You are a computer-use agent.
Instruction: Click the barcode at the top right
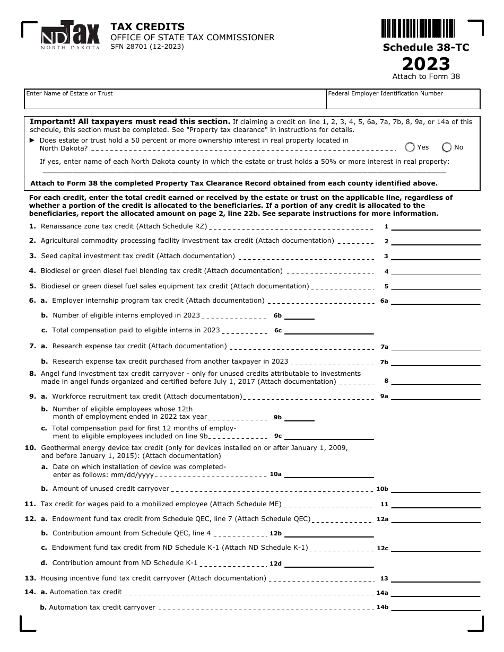click(x=418, y=28)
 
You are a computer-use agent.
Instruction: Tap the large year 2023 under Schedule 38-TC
click(x=426, y=64)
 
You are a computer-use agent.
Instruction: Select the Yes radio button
click(x=410, y=147)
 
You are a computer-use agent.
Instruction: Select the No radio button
click(x=447, y=147)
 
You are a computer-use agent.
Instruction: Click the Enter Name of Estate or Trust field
click(x=175, y=99)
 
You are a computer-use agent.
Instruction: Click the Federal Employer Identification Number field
click(x=403, y=99)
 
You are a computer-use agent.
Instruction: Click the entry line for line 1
click(x=436, y=226)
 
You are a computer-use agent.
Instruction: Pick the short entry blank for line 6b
click(x=300, y=316)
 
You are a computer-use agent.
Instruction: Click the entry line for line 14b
click(x=436, y=607)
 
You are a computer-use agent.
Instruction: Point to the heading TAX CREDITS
click(x=147, y=27)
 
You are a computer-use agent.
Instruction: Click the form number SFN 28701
click(x=147, y=47)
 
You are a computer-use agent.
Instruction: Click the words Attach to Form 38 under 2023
click(x=426, y=76)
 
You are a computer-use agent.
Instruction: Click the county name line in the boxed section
click(x=244, y=171)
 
